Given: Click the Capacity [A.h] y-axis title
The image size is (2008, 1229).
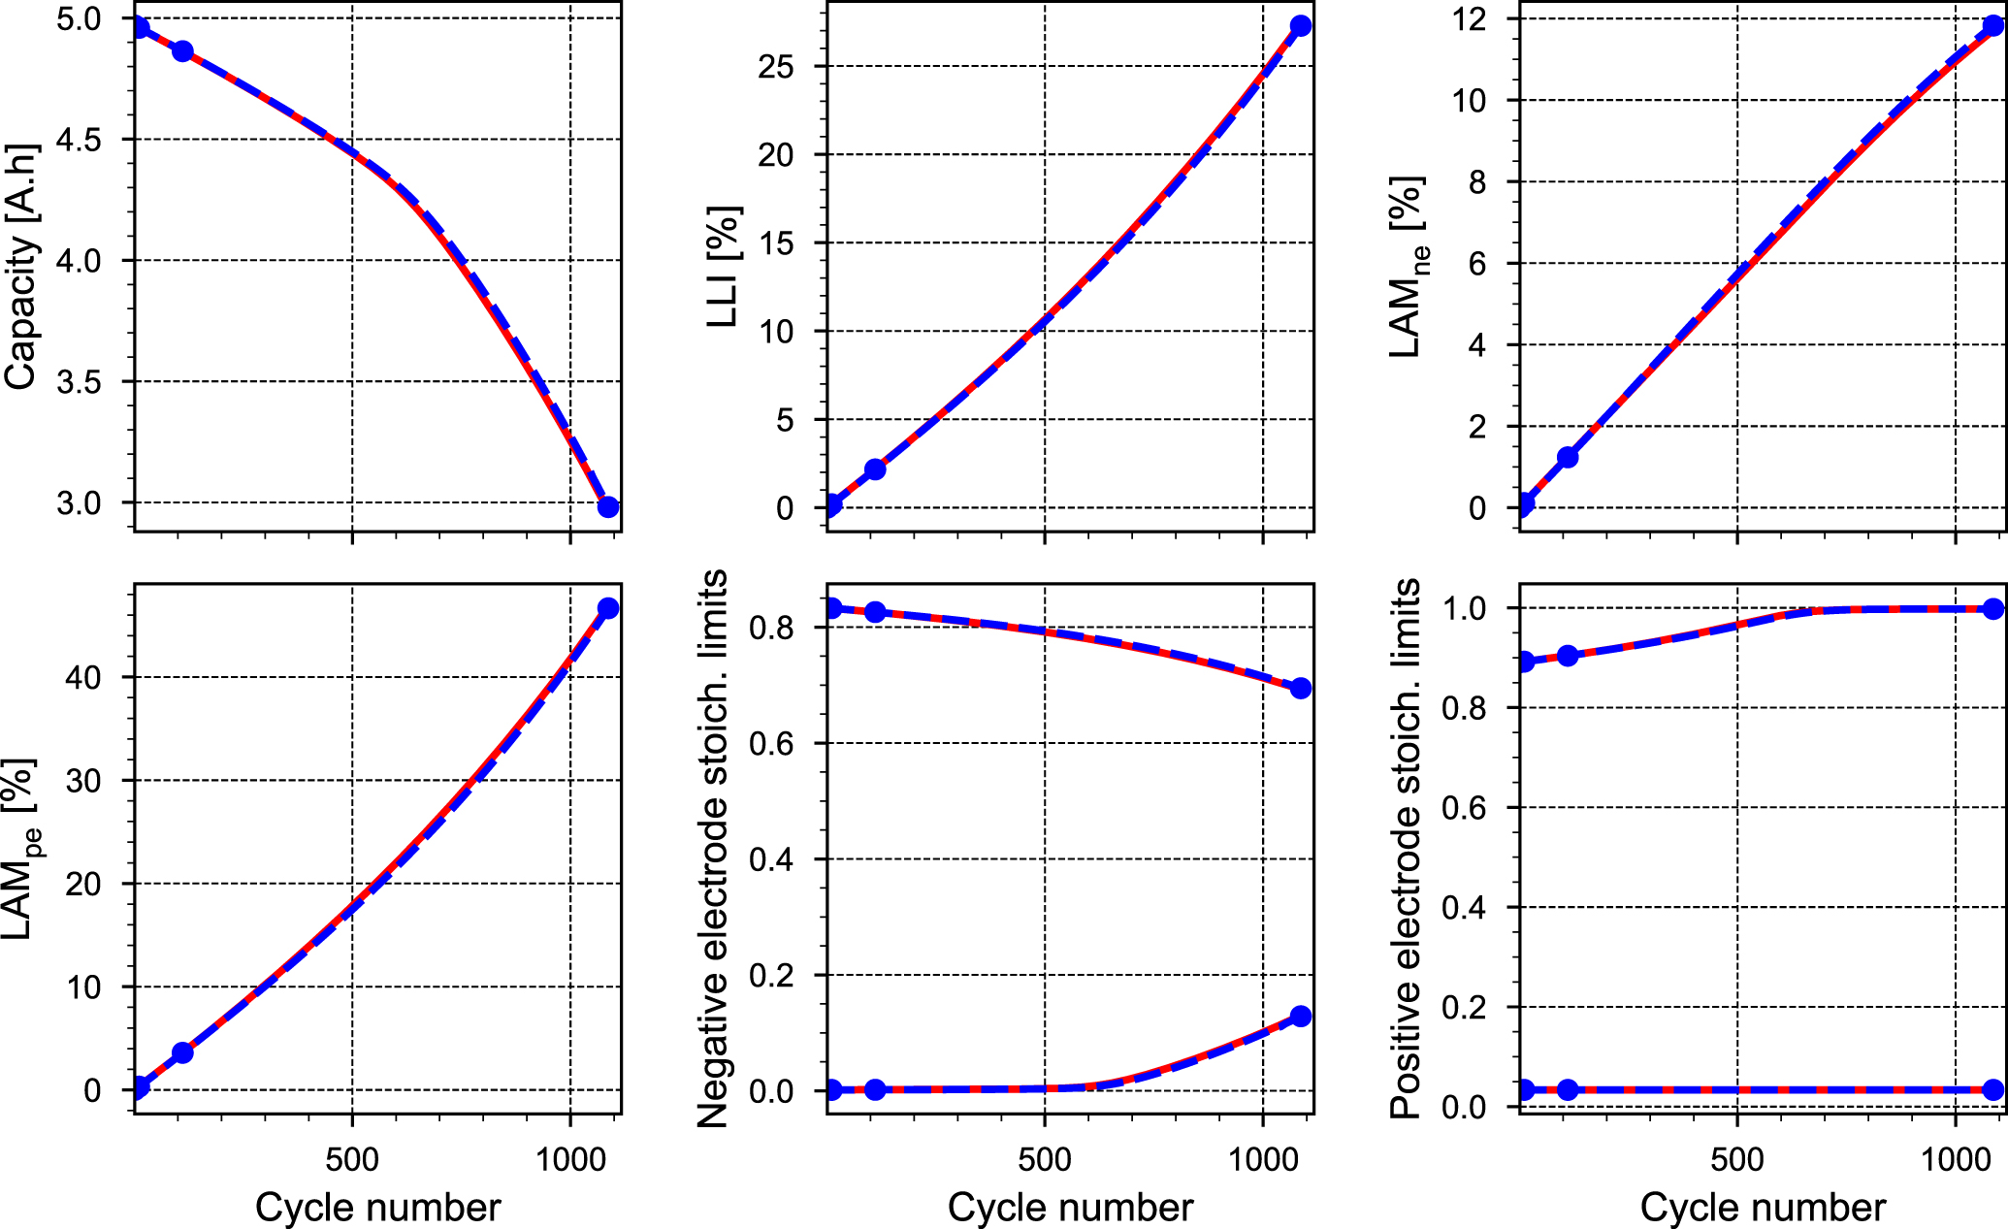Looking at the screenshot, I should (x=21, y=267).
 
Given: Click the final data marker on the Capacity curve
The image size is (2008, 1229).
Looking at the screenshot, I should (x=608, y=506).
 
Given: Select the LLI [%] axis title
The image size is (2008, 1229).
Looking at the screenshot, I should (x=724, y=267).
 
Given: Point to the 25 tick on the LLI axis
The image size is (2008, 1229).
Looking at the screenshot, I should (x=776, y=67).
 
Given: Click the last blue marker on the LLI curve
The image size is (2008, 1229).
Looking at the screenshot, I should (x=1301, y=26).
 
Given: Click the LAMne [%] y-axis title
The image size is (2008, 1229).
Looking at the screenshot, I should (x=1409, y=267).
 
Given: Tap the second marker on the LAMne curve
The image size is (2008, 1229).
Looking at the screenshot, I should (x=1568, y=457).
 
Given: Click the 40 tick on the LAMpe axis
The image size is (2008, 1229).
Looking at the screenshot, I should (x=84, y=677).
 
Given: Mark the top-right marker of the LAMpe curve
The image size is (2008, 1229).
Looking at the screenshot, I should (x=608, y=608).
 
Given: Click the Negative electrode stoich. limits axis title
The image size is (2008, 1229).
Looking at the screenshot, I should (x=714, y=849).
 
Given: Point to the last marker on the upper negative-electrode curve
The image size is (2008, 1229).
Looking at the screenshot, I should (x=1301, y=688).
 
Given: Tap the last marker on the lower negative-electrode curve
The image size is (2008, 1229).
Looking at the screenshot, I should (x=1301, y=1017).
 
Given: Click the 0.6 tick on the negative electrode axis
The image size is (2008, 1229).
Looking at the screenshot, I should (x=771, y=743).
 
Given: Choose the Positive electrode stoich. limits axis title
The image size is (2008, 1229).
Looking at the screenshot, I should (x=1407, y=849).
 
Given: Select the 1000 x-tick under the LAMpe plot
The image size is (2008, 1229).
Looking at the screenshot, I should (x=570, y=1159).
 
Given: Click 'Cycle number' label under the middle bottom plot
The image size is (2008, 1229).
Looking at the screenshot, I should (x=1070, y=1208).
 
